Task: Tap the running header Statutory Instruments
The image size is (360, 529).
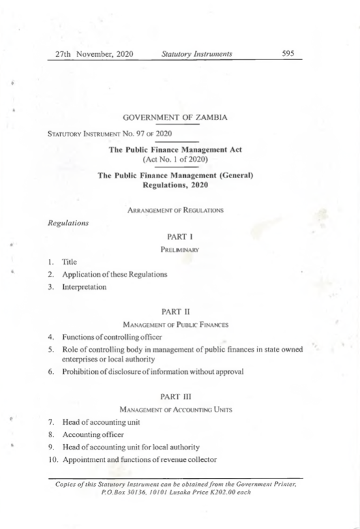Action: coord(197,54)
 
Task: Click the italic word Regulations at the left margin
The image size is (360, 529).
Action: coord(68,222)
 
